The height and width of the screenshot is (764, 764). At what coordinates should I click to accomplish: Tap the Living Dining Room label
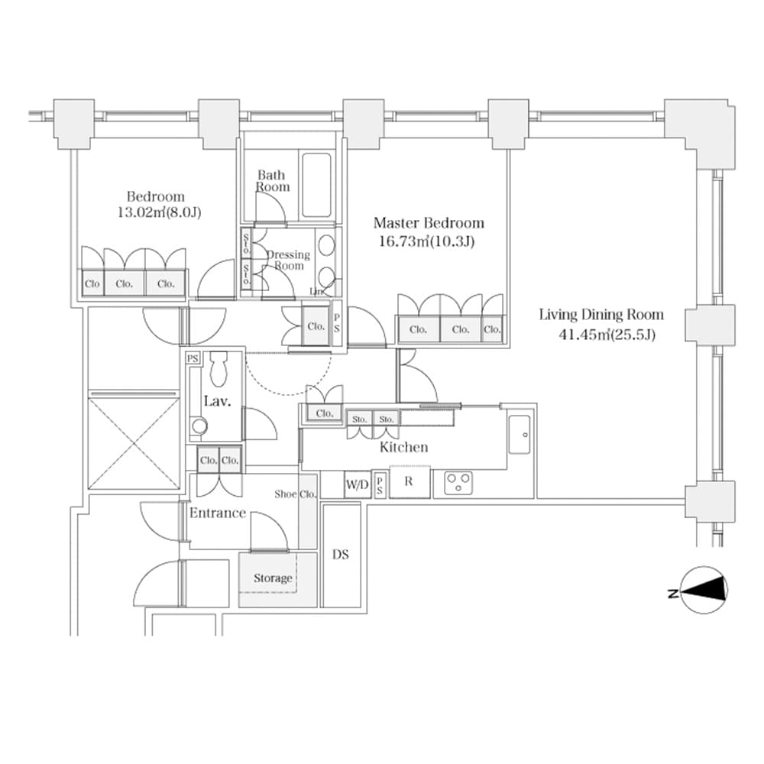601,315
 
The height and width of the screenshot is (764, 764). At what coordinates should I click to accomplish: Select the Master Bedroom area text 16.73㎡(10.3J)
428,242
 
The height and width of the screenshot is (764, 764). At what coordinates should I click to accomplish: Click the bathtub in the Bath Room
316,185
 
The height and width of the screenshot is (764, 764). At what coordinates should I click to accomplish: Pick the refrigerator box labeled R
409,482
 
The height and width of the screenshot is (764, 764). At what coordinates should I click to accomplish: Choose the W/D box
357,484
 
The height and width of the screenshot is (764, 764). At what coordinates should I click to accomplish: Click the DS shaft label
341,555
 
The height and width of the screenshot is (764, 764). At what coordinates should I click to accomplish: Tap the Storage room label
273,578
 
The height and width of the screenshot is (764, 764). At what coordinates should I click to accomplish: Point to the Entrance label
218,513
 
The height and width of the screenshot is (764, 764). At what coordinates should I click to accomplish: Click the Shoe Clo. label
296,494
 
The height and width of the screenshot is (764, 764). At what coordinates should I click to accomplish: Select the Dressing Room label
289,260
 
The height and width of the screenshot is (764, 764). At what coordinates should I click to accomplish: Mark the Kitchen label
403,448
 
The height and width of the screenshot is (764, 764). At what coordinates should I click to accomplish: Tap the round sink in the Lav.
199,426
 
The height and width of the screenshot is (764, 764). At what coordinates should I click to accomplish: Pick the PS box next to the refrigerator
380,484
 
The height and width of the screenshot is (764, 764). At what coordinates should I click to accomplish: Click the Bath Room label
272,181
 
